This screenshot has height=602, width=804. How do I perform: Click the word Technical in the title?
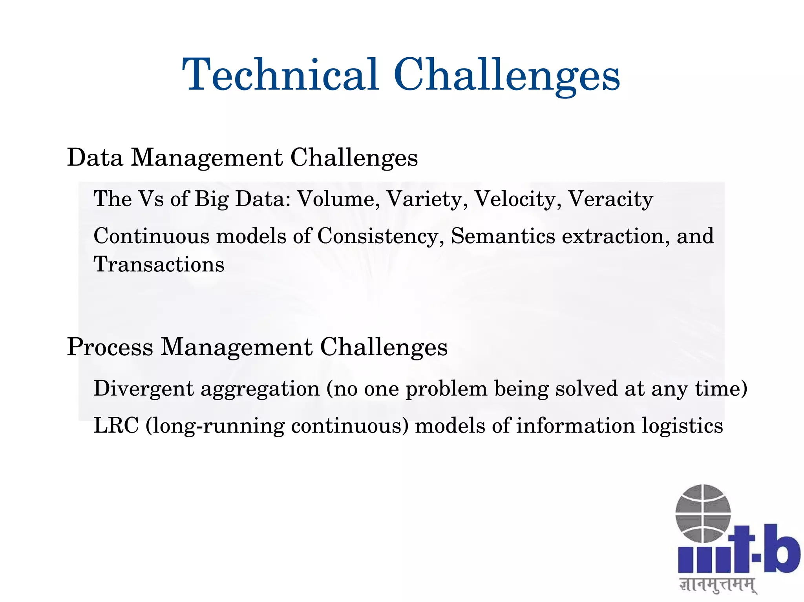[x=280, y=75]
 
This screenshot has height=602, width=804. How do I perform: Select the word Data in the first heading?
[x=95, y=158]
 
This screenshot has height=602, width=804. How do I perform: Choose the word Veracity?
[x=610, y=199]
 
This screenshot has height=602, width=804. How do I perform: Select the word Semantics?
[x=503, y=236]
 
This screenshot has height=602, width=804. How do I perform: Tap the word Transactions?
[x=159, y=264]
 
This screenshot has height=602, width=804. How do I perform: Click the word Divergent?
[x=144, y=389]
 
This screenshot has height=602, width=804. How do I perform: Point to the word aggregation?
[x=260, y=389]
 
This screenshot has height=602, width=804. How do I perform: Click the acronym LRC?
[x=116, y=426]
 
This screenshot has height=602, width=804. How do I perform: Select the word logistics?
[x=682, y=426]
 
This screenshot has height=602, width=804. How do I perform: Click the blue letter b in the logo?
[x=781, y=549]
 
